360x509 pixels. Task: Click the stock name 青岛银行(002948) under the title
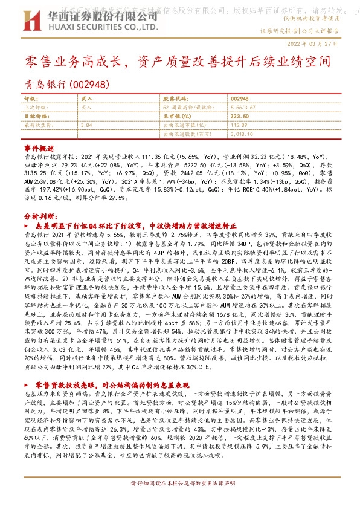click(x=62, y=84)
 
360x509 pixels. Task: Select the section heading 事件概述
click(x=39, y=148)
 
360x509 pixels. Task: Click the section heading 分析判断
click(x=39, y=216)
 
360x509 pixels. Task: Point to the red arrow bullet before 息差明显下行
click(x=31, y=224)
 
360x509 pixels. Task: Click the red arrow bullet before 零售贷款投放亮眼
click(x=30, y=384)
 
